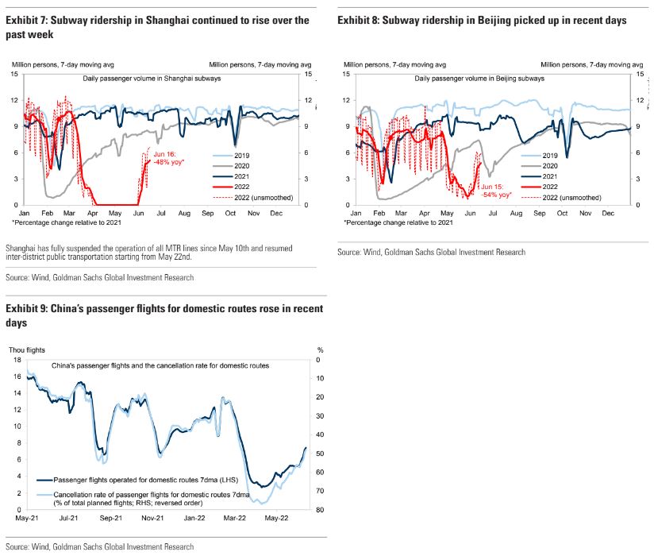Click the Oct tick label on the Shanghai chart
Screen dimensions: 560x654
point(230,214)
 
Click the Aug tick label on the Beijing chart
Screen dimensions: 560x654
point(516,214)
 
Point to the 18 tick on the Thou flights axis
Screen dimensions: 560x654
point(17,360)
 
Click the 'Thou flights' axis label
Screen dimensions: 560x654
point(27,349)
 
